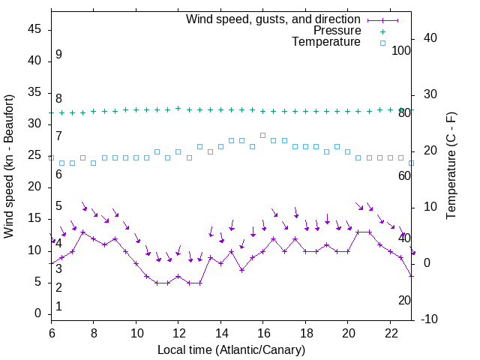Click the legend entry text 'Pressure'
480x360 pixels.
[337, 31]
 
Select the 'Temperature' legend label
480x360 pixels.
[326, 43]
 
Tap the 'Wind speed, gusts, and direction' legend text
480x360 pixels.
[274, 19]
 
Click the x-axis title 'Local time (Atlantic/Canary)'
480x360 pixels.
[232, 349]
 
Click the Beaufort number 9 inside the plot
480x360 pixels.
[58, 55]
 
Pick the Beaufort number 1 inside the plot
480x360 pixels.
[58, 306]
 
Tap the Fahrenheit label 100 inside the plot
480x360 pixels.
[401, 50]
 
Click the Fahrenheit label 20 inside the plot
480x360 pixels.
[404, 300]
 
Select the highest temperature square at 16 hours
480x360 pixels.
[262, 135]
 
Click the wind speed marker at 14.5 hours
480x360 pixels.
[231, 251]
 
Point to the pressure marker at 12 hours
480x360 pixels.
[178, 108]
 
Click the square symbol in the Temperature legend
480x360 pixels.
[382, 43]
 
